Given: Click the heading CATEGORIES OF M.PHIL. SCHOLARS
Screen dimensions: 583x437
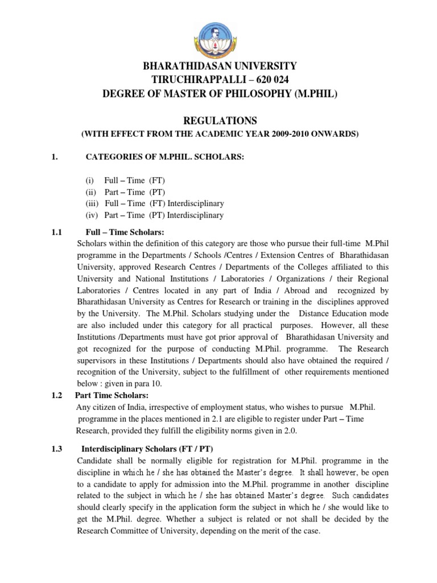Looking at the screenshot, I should click(164, 157).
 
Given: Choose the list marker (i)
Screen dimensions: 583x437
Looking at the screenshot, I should click(89, 180).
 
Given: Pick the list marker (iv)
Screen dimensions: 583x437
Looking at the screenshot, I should click(91, 215).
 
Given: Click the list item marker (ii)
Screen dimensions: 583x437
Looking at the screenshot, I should click(90, 192).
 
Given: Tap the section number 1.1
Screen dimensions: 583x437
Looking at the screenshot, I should click(56, 232).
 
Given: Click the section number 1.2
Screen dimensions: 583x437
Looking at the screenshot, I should click(56, 395).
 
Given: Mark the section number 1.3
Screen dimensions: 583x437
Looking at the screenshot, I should click(56, 449).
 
